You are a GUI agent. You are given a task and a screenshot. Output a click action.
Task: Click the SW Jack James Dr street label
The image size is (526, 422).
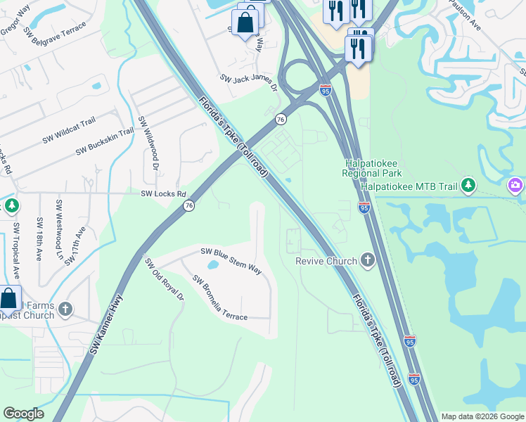[x=248, y=83]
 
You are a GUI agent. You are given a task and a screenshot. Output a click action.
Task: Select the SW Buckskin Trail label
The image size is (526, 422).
[x=104, y=141]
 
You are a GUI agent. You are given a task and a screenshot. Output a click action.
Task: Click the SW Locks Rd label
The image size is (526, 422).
[x=163, y=194]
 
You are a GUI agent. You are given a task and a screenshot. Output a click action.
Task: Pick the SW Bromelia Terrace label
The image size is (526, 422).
[x=220, y=298]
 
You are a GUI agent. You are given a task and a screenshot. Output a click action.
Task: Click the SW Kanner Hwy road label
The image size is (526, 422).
[x=105, y=324]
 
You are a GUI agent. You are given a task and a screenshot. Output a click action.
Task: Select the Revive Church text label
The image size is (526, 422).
[x=326, y=261]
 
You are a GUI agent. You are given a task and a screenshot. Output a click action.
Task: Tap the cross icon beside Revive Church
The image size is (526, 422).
[x=366, y=261]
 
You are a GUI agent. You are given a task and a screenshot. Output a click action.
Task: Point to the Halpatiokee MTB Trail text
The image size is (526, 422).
[x=408, y=186]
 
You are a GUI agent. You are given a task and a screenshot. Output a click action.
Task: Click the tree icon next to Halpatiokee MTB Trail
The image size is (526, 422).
[x=468, y=186]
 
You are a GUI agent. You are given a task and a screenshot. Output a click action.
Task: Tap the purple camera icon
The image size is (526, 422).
[x=515, y=185]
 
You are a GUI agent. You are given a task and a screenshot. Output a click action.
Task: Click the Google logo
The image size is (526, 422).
[x=23, y=414]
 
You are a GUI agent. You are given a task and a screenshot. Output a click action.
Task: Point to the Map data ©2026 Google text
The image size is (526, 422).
[x=482, y=416]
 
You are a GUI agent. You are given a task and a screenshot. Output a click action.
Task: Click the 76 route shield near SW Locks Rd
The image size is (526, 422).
[x=189, y=205]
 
